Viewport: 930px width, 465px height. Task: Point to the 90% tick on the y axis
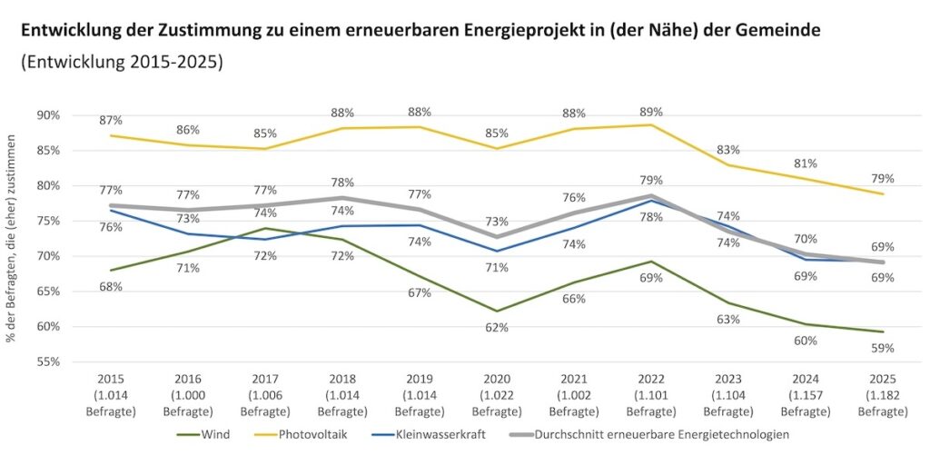click(47, 115)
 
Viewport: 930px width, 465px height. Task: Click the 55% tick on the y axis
click(47, 361)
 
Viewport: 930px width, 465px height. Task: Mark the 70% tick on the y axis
click(47, 256)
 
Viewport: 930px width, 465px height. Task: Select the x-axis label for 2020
click(496, 393)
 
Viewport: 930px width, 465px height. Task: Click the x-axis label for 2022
click(651, 393)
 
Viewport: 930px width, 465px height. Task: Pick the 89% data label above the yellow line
click(651, 112)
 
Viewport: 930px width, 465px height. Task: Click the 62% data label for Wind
click(496, 327)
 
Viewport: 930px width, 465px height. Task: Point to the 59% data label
click(883, 348)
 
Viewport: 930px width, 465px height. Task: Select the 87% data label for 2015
click(111, 120)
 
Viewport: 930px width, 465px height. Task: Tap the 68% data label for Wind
click(111, 287)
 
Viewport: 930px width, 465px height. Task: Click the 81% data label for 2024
click(806, 163)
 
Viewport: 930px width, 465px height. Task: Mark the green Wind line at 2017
click(264, 228)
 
